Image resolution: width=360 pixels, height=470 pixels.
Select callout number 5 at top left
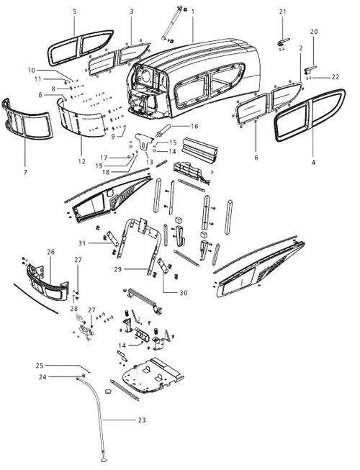[74, 12]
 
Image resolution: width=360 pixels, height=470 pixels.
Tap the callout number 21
[282, 12]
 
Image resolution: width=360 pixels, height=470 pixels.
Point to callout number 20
[313, 32]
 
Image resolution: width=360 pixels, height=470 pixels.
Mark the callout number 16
[194, 126]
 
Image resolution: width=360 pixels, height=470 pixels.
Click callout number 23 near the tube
[141, 420]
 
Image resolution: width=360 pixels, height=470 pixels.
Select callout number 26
[50, 252]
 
